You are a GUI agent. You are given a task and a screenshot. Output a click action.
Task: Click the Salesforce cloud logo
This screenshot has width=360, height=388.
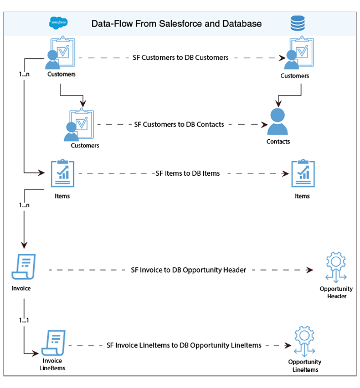tap(58, 23)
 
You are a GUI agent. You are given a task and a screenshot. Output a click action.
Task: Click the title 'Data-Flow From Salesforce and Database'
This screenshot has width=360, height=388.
tap(177, 24)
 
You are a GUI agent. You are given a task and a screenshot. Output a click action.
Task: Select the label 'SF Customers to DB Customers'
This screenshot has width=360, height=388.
tap(181, 57)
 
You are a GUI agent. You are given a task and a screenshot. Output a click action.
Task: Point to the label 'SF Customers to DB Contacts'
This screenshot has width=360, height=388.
tap(179, 124)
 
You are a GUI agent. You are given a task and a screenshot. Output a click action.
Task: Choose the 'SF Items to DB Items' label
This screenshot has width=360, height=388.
tap(188, 173)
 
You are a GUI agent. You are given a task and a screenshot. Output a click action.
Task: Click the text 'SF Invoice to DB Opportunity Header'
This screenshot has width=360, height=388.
tap(188, 270)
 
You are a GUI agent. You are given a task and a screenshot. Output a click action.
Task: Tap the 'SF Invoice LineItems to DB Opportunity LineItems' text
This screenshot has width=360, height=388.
tap(184, 345)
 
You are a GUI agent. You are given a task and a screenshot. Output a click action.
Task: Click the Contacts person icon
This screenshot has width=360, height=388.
tap(277, 121)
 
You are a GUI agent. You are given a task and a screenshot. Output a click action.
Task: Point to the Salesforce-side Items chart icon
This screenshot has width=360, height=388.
tap(62, 173)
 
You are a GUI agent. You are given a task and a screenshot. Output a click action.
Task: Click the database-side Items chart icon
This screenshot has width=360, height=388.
tap(302, 173)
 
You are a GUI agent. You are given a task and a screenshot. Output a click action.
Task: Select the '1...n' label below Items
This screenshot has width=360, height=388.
tap(24, 205)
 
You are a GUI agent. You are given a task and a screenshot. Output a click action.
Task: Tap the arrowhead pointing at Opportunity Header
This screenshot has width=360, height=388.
tap(310, 270)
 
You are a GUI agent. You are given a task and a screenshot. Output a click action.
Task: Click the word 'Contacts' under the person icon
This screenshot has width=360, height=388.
tap(278, 141)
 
